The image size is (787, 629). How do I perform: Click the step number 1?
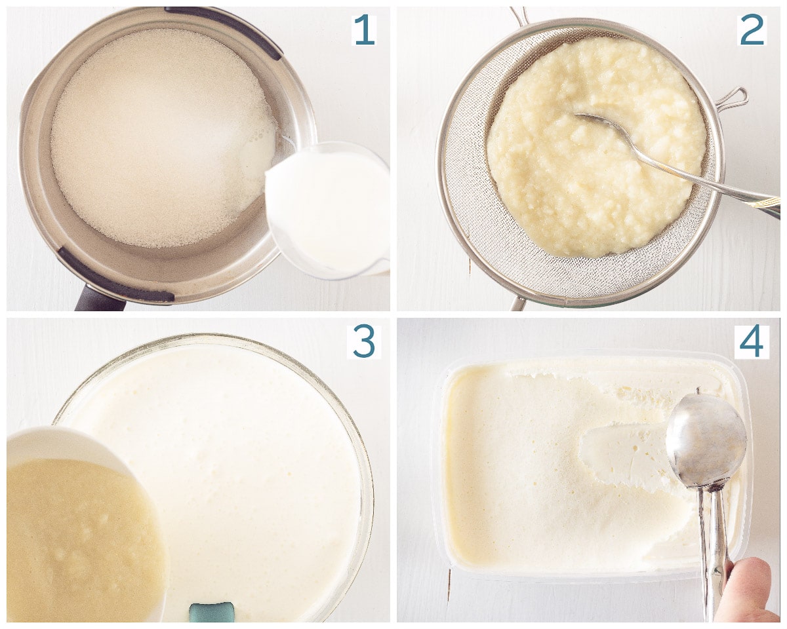click(x=363, y=30)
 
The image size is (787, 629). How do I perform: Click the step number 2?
click(x=752, y=30)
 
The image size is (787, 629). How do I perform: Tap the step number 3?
click(x=364, y=341)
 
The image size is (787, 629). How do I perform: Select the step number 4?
click(x=752, y=341)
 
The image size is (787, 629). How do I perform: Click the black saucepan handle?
click(x=97, y=299)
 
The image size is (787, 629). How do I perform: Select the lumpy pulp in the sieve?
click(x=596, y=146)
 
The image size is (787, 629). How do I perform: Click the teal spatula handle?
click(x=211, y=613)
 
